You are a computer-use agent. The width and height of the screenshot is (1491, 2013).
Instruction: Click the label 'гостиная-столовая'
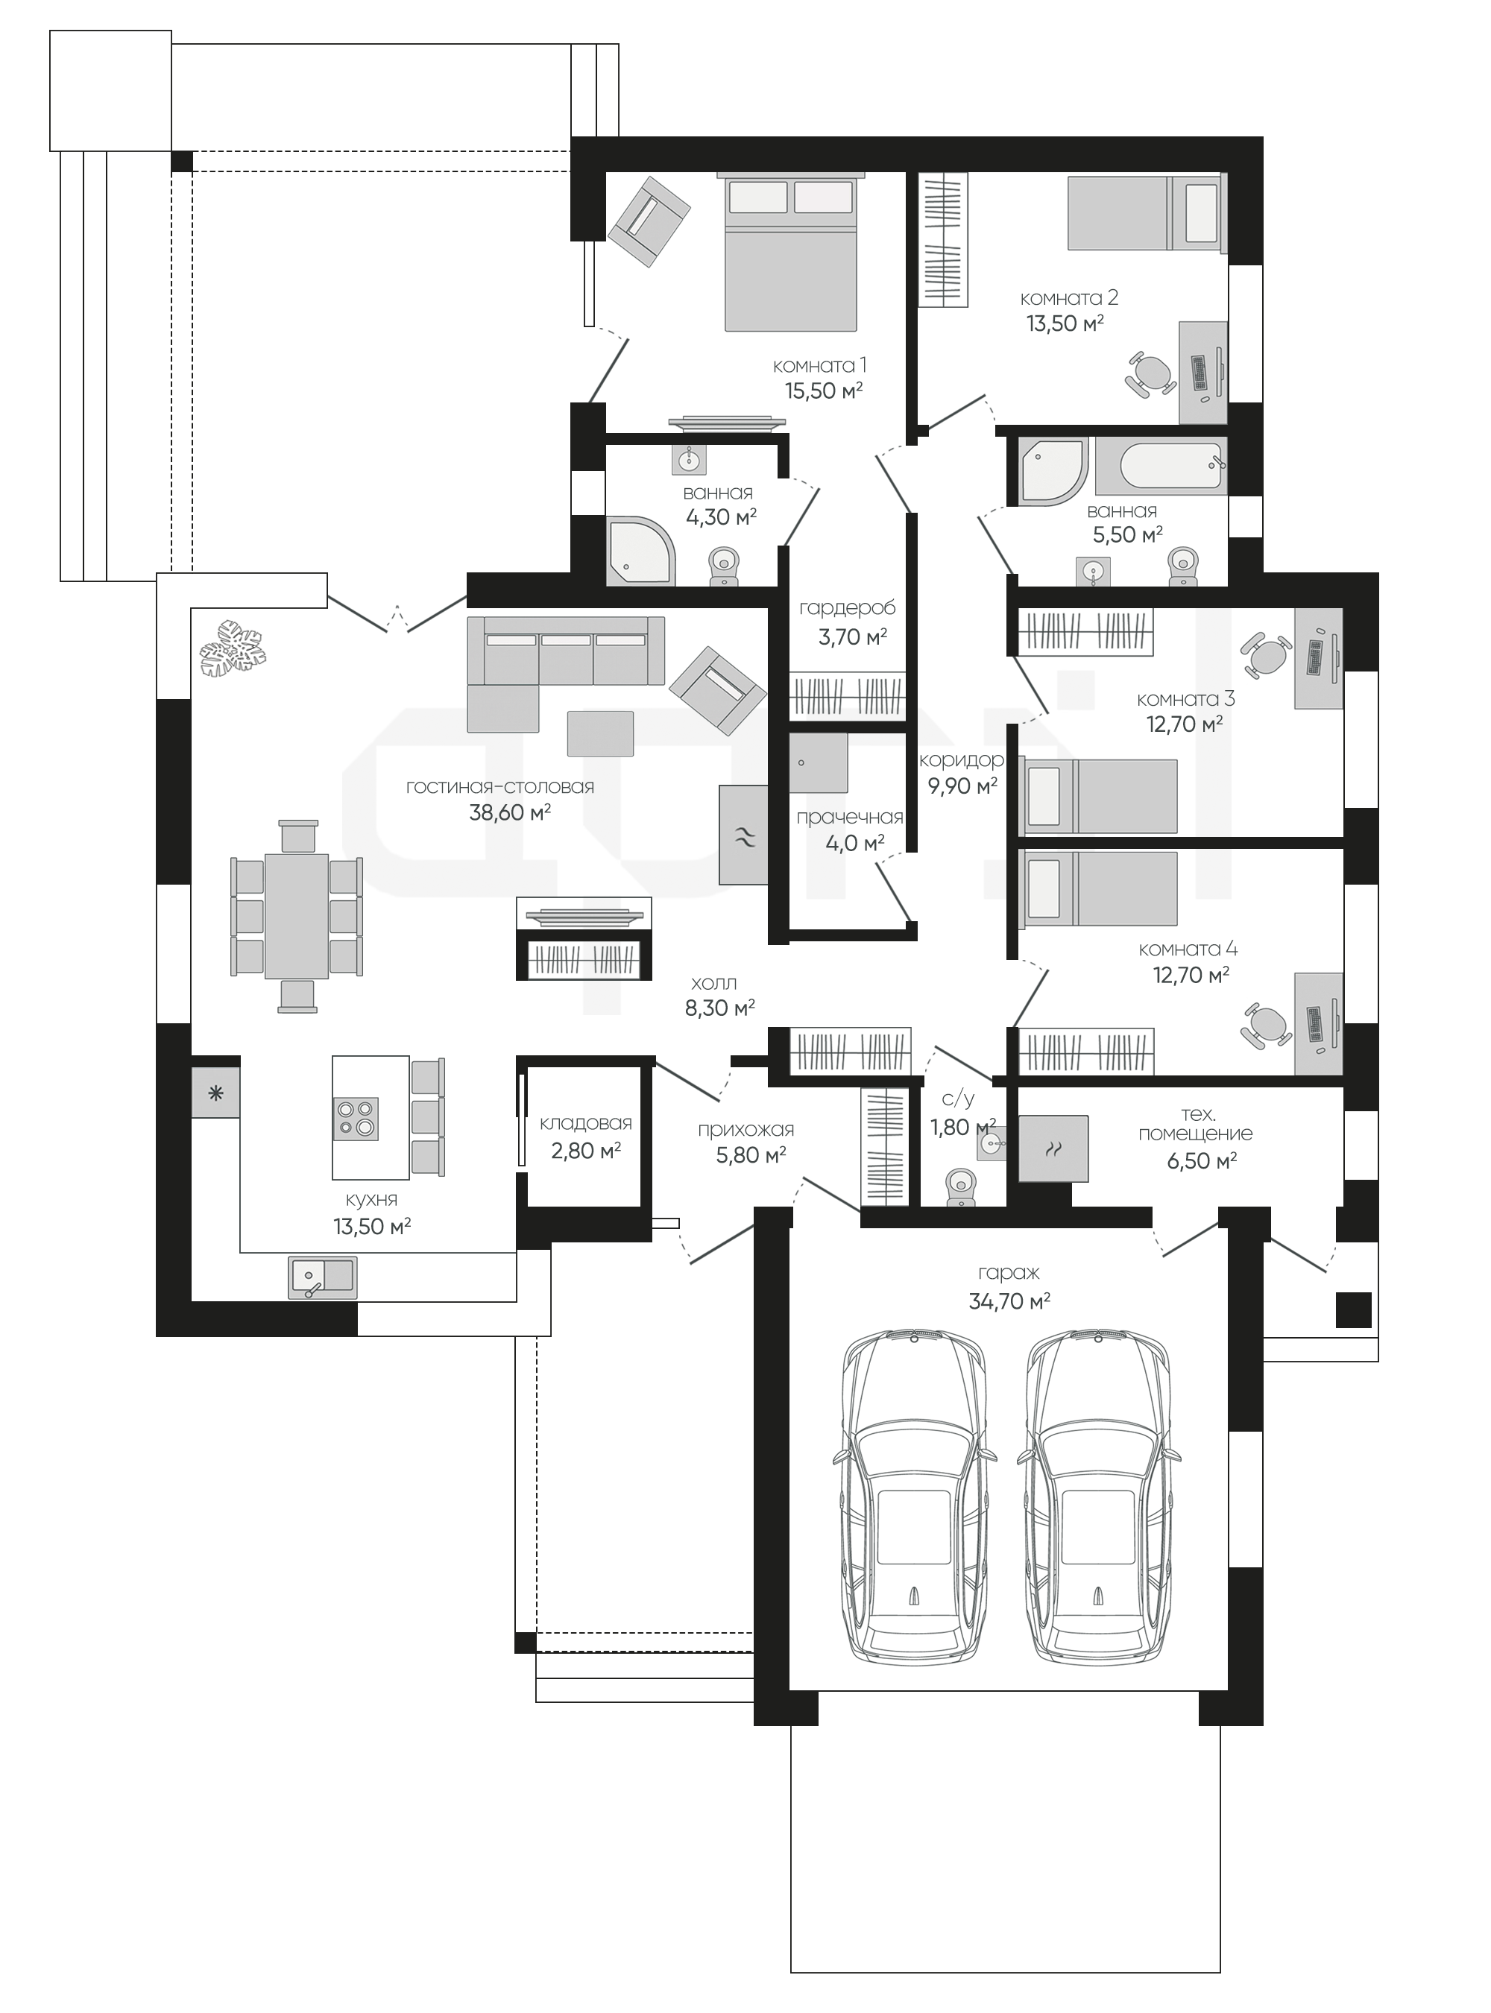click(x=500, y=787)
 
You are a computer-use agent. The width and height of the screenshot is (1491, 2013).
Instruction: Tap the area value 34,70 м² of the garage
click(x=1009, y=1301)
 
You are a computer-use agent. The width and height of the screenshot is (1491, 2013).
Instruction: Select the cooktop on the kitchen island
click(x=356, y=1119)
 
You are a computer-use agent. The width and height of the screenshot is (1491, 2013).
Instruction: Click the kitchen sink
click(x=322, y=1277)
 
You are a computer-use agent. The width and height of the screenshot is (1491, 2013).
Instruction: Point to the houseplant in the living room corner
click(x=233, y=648)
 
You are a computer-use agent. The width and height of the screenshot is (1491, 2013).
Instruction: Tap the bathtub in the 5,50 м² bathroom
click(x=1173, y=467)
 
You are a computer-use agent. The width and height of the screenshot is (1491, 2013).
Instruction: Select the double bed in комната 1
click(x=792, y=253)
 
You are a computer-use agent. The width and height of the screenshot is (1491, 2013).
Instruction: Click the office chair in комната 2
click(x=1152, y=373)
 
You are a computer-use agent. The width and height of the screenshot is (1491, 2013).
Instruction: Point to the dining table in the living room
click(x=297, y=916)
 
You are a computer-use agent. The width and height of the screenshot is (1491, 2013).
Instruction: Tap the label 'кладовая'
click(x=586, y=1123)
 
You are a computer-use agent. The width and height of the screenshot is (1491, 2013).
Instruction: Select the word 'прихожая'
click(x=745, y=1130)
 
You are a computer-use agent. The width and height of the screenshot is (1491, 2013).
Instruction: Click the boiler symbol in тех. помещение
click(x=1053, y=1148)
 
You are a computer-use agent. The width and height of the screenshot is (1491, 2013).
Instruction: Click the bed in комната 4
click(x=1098, y=888)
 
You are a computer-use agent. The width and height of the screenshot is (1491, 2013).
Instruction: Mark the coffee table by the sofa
click(x=600, y=733)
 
